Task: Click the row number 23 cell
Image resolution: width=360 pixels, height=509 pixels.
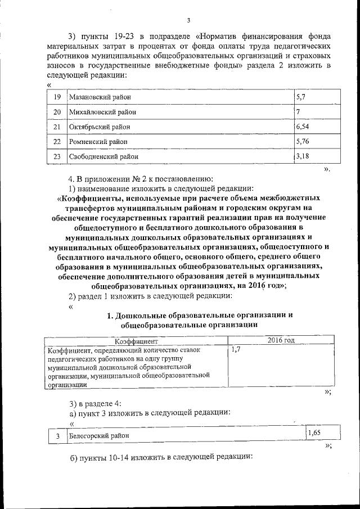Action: coord(56,156)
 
